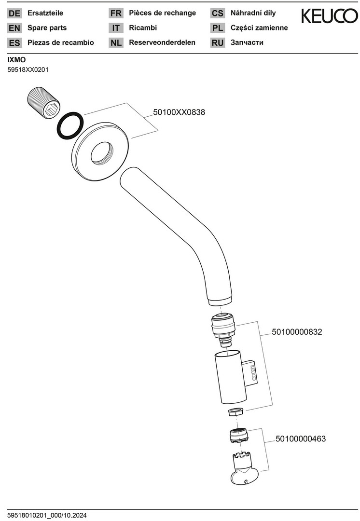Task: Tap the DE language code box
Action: tap(14, 14)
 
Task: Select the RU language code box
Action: tap(218, 43)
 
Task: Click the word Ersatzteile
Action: tap(45, 13)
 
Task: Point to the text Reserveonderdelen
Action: tap(162, 42)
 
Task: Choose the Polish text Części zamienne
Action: tap(259, 28)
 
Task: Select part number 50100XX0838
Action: tap(179, 112)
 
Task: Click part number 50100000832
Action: tap(297, 332)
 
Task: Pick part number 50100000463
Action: tap(301, 439)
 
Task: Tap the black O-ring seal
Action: tap(69, 125)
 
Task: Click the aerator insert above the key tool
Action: tap(238, 436)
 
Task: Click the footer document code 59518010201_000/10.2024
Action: tap(47, 515)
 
